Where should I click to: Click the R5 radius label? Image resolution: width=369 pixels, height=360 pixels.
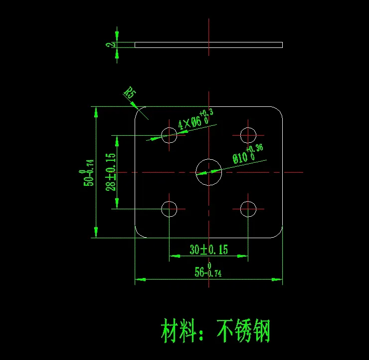coord(130,93)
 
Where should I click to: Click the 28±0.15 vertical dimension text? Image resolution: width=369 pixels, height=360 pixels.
coord(111,172)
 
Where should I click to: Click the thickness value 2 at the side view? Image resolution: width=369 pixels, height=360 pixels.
coord(108,45)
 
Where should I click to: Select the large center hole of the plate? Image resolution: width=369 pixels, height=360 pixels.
coord(208,172)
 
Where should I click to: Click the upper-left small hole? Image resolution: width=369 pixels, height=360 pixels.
coord(170,135)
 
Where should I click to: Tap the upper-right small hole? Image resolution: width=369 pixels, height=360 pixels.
coord(248,135)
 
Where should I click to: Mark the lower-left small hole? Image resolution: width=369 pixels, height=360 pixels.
coord(170,209)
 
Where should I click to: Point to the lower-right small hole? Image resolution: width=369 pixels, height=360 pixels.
coord(248,209)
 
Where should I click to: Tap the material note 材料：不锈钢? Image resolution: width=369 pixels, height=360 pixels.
coord(215,331)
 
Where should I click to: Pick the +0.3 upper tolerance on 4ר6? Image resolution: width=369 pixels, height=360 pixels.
coord(206,113)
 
